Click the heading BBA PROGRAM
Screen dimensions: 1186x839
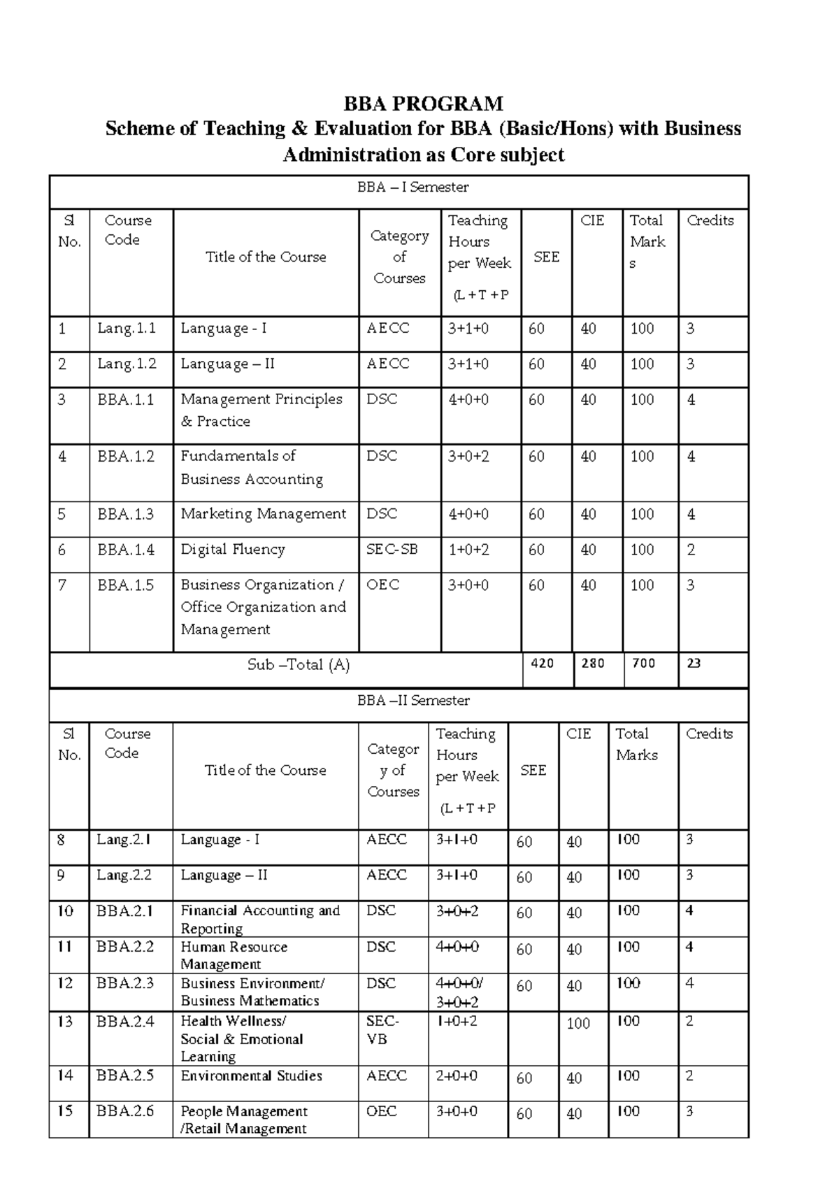pos(423,104)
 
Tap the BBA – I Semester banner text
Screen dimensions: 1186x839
pos(413,187)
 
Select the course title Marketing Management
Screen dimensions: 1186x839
pos(263,514)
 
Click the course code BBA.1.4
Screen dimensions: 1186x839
pos(126,550)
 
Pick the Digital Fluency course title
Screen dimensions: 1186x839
pos(233,550)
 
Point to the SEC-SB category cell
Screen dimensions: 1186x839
pos(392,550)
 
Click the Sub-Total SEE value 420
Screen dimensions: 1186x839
pos(542,664)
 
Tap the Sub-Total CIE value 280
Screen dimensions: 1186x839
pos(592,664)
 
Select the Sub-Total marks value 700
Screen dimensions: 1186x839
pos(643,664)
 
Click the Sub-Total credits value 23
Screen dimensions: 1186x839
pos(694,664)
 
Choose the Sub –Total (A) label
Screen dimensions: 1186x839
pos(299,665)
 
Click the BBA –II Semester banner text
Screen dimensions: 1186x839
pos(413,701)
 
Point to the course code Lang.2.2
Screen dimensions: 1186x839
pos(124,876)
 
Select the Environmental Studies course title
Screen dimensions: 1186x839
pos(251,1076)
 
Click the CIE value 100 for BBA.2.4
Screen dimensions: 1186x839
pos(578,1024)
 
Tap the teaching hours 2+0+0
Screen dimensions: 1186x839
pos(457,1076)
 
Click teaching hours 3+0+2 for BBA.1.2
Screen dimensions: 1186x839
pos(468,457)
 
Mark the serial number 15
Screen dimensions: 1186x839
pos(65,1110)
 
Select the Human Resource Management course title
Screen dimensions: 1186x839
pos(234,955)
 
